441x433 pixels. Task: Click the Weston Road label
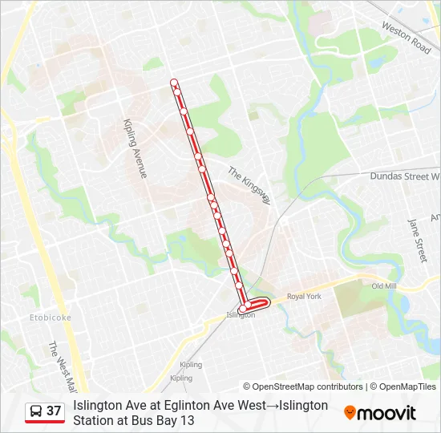[407, 38]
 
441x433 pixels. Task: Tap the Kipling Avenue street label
[135, 149]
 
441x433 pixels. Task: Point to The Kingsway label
[249, 185]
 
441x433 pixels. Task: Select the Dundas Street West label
[404, 176]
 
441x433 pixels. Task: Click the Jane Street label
[418, 240]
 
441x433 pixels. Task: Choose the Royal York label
[304, 296]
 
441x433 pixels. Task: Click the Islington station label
[241, 315]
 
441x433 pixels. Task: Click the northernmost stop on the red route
[173, 82]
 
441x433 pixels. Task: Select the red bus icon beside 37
[35, 411]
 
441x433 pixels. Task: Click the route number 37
[54, 411]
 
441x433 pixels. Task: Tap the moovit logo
[380, 413]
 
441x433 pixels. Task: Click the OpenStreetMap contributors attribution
[303, 386]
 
